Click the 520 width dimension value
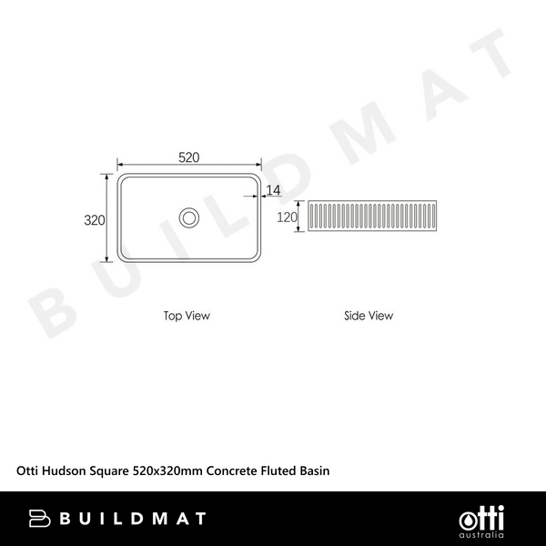(188, 157)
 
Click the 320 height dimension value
(95, 220)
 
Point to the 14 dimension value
(274, 189)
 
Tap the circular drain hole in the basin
(189, 217)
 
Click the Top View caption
(187, 316)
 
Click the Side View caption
(369, 316)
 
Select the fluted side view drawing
(372, 217)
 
